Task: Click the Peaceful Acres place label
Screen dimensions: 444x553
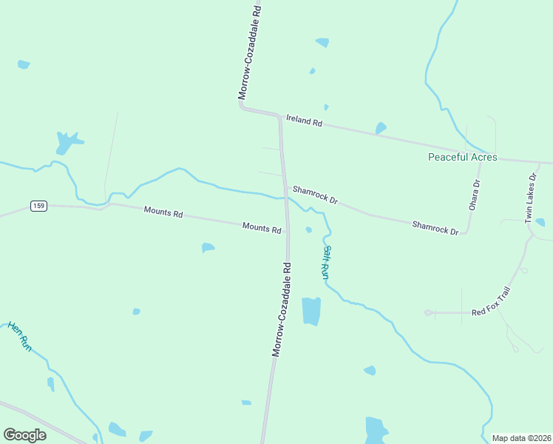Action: (x=463, y=158)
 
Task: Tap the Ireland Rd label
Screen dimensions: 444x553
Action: (x=305, y=121)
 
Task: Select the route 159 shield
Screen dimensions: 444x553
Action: (x=39, y=206)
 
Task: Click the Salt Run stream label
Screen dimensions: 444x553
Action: (x=325, y=262)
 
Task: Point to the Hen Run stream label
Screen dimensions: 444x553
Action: (x=20, y=336)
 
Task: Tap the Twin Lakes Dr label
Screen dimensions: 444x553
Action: (x=530, y=199)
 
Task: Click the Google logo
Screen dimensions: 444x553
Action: (x=25, y=435)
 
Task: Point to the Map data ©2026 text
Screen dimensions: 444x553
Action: (x=522, y=438)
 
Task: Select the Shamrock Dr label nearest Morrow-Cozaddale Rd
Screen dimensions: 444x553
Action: (x=315, y=195)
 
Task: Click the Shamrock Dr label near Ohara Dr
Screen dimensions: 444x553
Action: (x=435, y=227)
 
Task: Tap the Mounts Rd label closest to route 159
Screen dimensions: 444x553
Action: (x=163, y=212)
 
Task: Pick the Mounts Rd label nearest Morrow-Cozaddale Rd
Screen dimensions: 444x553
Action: (x=262, y=229)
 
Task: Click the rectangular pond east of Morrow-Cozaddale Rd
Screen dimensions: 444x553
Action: (x=311, y=311)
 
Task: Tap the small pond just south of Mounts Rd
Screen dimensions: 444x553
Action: (x=208, y=247)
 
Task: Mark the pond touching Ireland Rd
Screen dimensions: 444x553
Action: (x=381, y=129)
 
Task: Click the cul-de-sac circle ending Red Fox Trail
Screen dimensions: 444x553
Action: (x=427, y=312)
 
